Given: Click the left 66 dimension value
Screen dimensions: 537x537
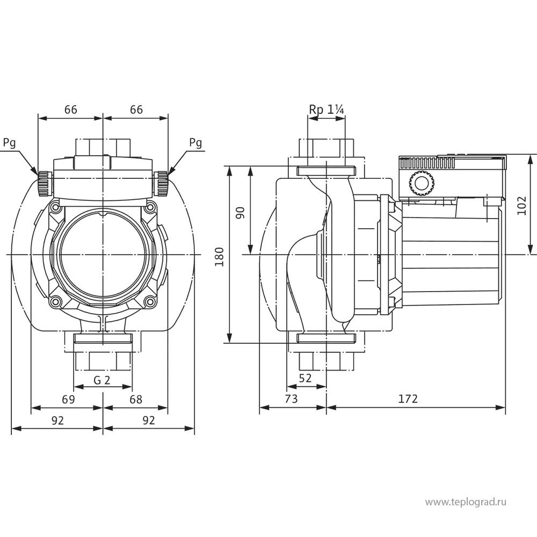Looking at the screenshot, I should pos(70,110).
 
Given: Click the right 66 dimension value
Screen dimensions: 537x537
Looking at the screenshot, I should pos(136,110).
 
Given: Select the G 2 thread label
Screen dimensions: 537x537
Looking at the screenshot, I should pos(101,381).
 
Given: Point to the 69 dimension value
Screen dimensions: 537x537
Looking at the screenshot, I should pos(68,400).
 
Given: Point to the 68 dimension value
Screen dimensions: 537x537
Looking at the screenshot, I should pos(136,400).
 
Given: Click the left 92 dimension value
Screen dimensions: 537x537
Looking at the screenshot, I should pos(58,420).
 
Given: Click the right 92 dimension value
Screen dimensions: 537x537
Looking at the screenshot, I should pos(149,420).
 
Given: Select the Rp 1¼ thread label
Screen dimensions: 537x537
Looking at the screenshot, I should pos(326,110).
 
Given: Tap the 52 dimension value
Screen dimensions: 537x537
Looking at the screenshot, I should pos(306,378).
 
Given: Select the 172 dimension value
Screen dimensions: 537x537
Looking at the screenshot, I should pos(408,400).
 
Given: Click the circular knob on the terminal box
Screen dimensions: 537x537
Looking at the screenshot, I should pos(420,184).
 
